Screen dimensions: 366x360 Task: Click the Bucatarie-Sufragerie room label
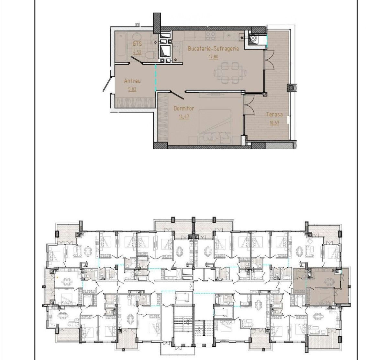click(x=213, y=49)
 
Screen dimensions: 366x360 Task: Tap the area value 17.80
click(x=213, y=57)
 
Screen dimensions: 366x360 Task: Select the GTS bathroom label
click(x=137, y=44)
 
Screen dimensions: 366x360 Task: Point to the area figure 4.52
click(x=137, y=52)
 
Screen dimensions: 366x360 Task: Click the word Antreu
click(x=132, y=81)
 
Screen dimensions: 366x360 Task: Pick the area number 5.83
click(x=132, y=89)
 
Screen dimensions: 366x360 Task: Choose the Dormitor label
click(x=184, y=109)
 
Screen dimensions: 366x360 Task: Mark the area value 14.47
click(x=184, y=116)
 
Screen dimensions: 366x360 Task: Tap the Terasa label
click(x=274, y=115)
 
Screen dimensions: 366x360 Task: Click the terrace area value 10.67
click(x=274, y=122)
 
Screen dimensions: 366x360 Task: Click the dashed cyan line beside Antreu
click(x=156, y=78)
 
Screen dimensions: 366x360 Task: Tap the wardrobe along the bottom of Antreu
click(x=135, y=102)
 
